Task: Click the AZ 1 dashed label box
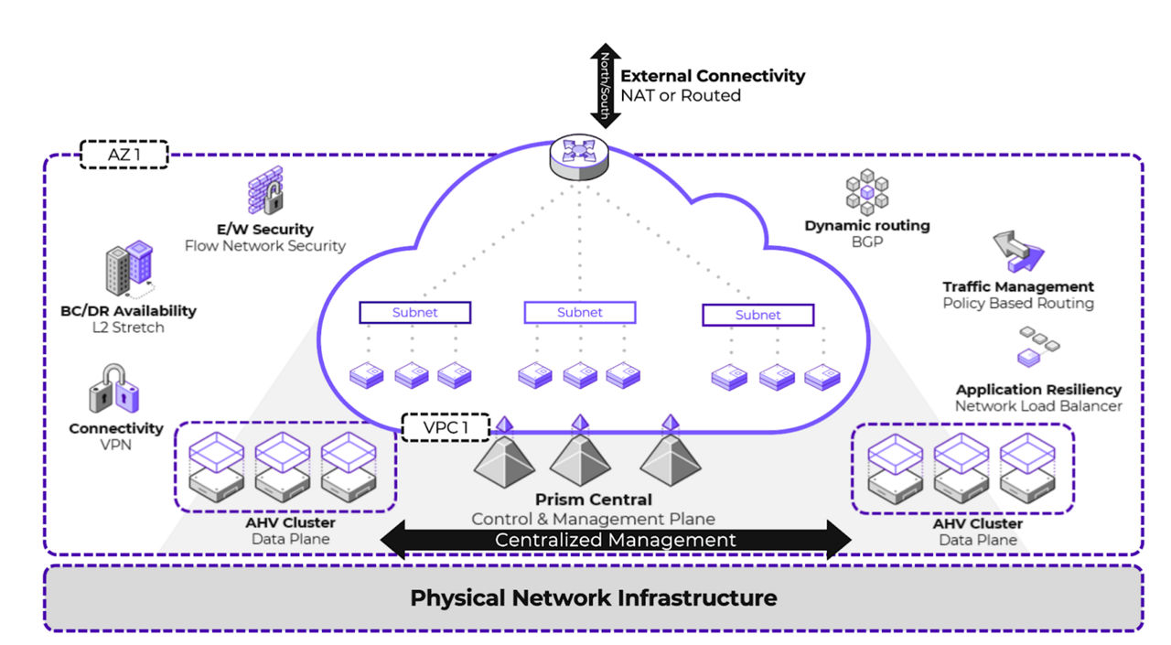tap(124, 155)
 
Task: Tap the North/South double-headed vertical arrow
tap(605, 85)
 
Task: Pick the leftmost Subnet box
tap(414, 313)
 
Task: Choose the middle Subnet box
tap(579, 313)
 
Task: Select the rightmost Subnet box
tap(757, 315)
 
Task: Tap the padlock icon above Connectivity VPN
tap(114, 388)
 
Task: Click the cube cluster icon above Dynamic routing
tap(866, 193)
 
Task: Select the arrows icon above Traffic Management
tap(1017, 253)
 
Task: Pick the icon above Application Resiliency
tap(1038, 349)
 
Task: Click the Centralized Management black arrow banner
tap(615, 540)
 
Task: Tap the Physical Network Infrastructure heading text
tap(593, 598)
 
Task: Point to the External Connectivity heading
tap(713, 76)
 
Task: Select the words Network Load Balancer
tap(1038, 406)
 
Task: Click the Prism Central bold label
tap(594, 500)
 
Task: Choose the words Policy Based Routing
tap(1018, 303)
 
